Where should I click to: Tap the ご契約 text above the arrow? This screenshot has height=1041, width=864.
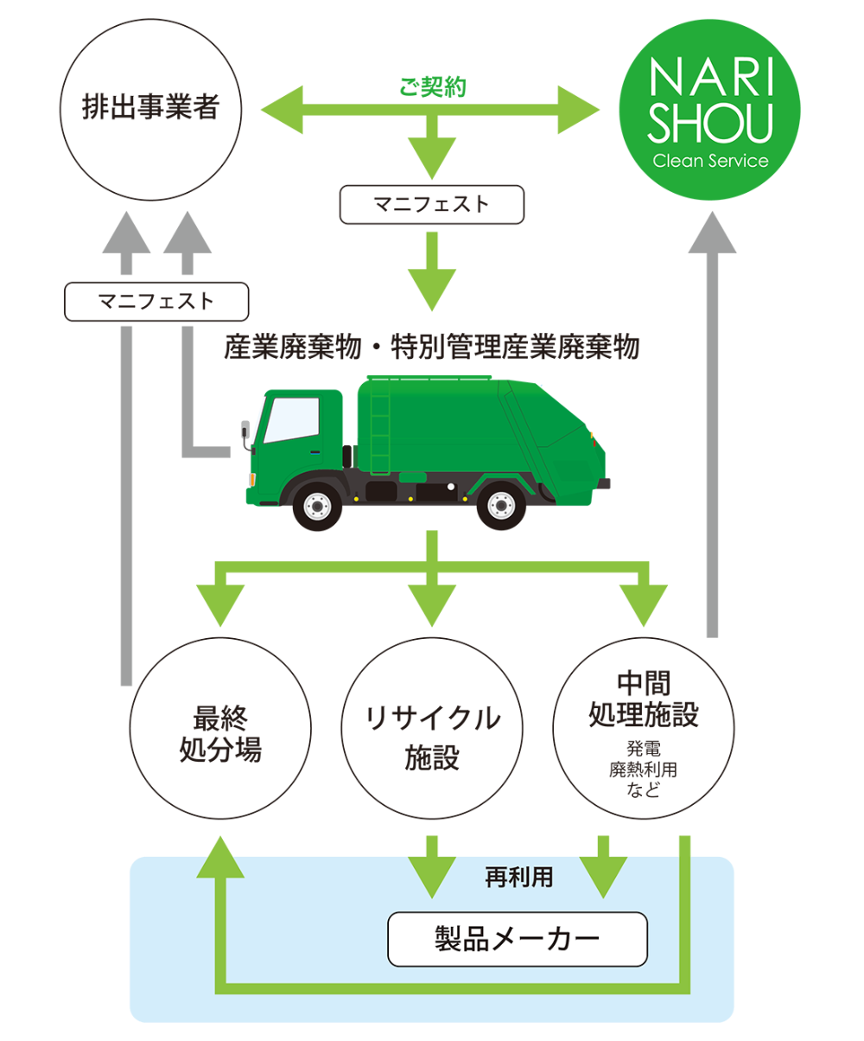pyautogui.click(x=432, y=87)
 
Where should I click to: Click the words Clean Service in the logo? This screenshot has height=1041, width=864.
pyautogui.click(x=710, y=161)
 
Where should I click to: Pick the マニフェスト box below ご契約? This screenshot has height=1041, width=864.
pyautogui.click(x=432, y=205)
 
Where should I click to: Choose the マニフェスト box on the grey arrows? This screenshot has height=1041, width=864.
pyautogui.click(x=156, y=302)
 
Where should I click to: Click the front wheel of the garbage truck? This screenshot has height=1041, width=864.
pyautogui.click(x=317, y=505)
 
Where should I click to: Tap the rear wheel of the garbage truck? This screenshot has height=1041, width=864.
pyautogui.click(x=501, y=505)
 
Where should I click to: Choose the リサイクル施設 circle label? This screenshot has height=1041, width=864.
pyautogui.click(x=432, y=737)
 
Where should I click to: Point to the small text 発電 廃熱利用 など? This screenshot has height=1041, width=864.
pyautogui.click(x=643, y=769)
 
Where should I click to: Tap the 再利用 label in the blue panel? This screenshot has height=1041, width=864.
pyautogui.click(x=518, y=878)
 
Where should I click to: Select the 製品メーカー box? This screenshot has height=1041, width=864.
pyautogui.click(x=517, y=939)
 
